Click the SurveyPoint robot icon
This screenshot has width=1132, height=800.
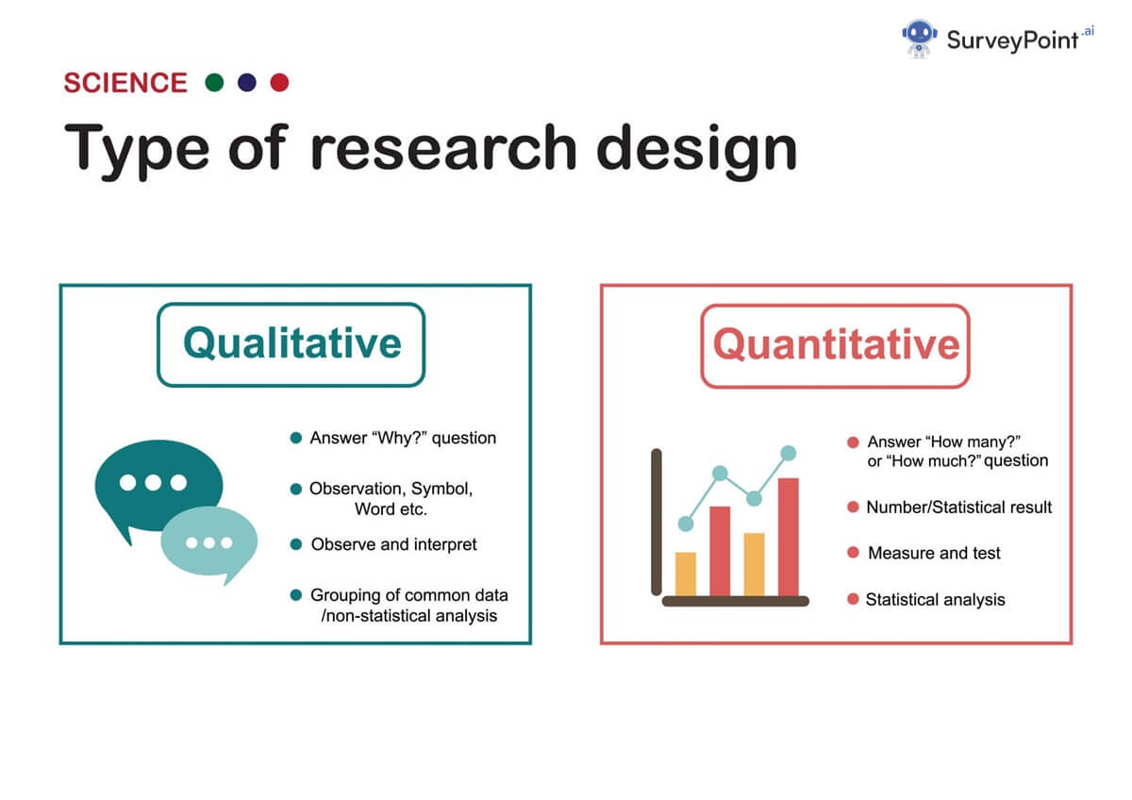[x=919, y=39]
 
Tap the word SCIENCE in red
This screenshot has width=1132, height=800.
[x=125, y=83]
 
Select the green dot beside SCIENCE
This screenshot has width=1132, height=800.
[x=214, y=83]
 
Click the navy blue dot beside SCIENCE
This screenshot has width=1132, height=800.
[x=247, y=83]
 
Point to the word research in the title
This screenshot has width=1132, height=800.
[x=442, y=149]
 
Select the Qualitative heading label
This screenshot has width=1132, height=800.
[x=291, y=343]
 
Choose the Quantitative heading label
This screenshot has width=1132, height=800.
[x=836, y=344]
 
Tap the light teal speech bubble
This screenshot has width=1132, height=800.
[x=208, y=543]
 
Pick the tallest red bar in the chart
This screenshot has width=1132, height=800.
[x=788, y=538]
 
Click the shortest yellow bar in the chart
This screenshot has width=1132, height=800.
[x=686, y=574]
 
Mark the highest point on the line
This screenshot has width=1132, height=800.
[x=788, y=454]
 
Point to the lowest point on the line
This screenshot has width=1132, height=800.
[x=686, y=524]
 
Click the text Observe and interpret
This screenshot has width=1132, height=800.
[x=393, y=544]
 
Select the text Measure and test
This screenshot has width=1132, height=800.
[x=934, y=553]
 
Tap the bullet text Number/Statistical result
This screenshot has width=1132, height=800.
[x=958, y=507]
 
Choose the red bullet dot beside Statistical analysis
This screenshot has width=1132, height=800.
[x=853, y=599]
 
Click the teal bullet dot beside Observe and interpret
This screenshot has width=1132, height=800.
[x=296, y=544]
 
